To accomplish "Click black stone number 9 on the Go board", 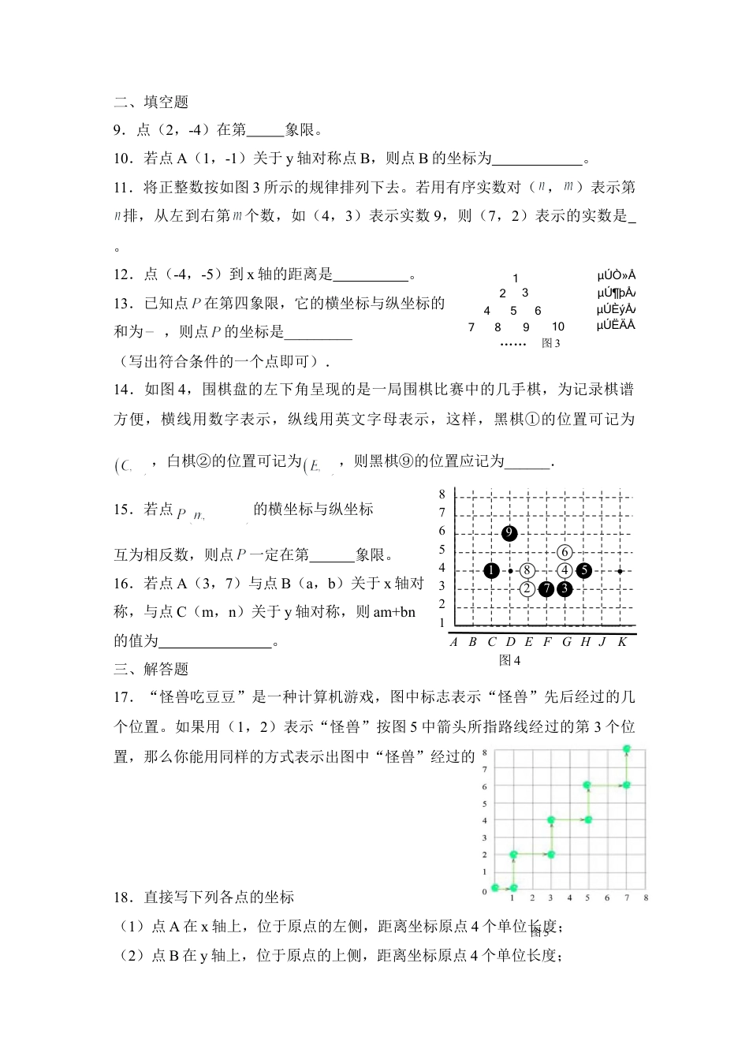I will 509,533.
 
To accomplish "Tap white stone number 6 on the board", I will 565,552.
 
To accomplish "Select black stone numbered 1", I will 491,570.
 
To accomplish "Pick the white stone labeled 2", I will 527,588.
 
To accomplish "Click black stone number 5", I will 583,570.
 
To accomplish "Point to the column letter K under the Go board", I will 621,642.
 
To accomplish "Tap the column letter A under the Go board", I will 454,642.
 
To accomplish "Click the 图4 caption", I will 510,660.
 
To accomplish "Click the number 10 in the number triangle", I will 558,327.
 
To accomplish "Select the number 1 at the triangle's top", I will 516,278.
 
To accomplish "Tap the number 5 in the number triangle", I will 513,311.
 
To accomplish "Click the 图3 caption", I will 551,343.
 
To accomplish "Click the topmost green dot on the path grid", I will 627,748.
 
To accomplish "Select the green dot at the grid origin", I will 495,888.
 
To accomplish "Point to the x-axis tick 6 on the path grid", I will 607,898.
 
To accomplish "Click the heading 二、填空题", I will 151,102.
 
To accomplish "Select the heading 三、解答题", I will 151,669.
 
